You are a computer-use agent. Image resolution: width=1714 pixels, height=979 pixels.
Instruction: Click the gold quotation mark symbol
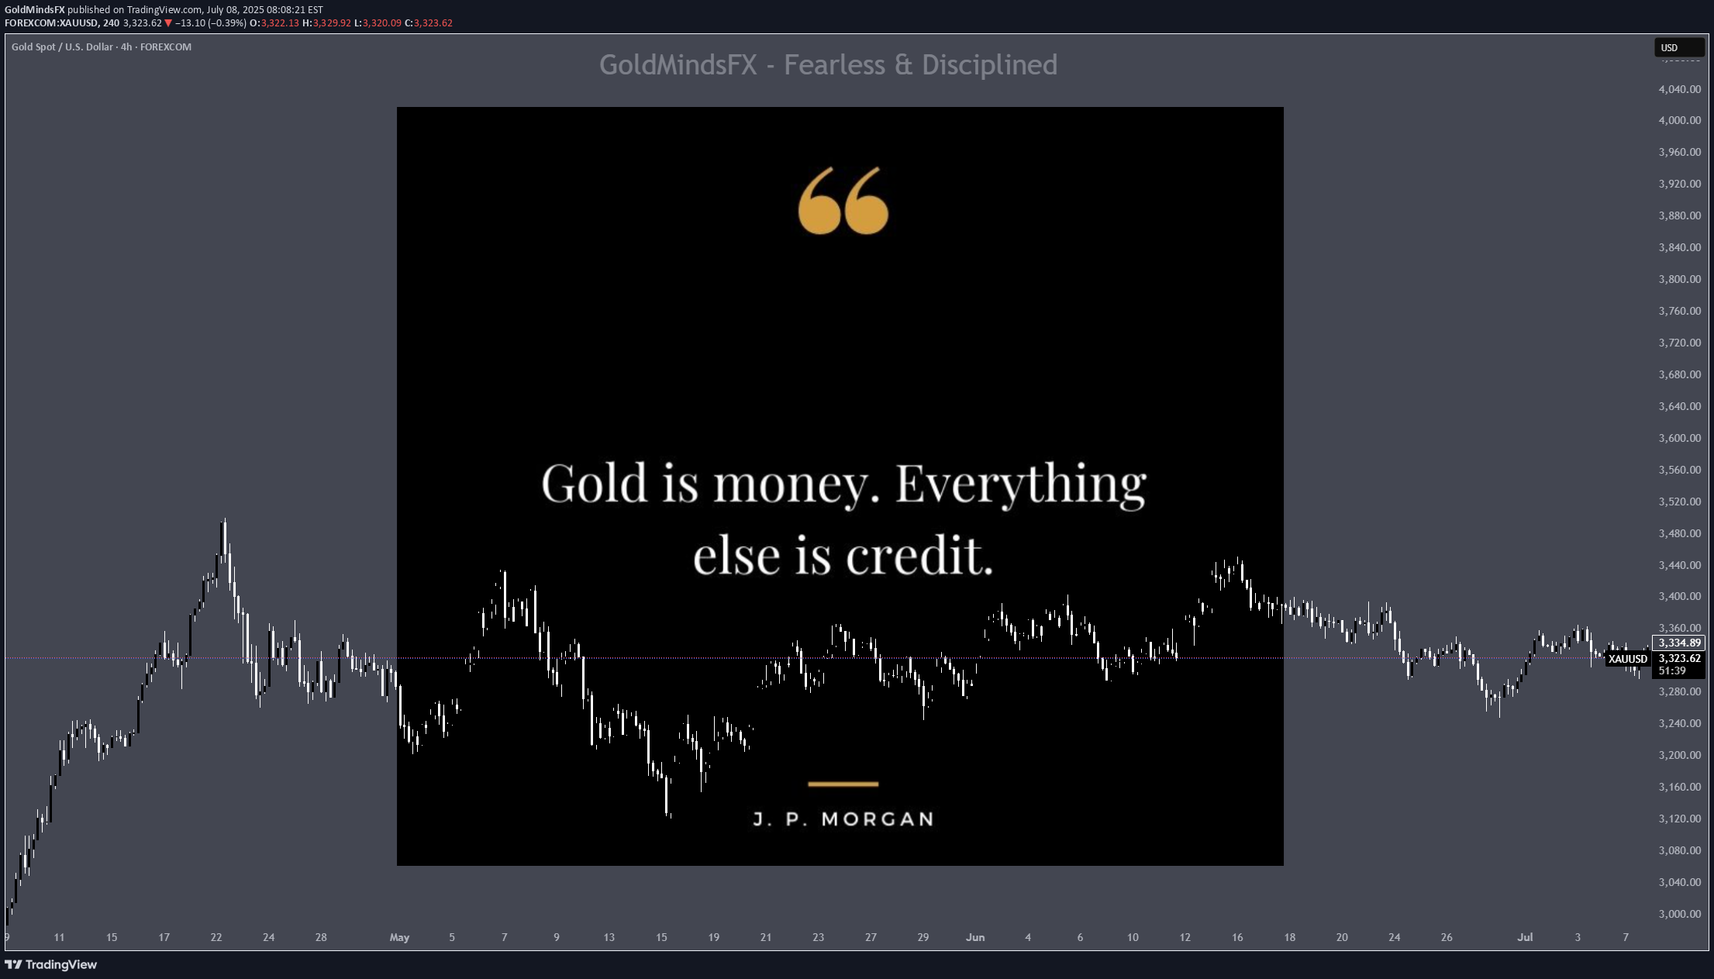click(x=843, y=200)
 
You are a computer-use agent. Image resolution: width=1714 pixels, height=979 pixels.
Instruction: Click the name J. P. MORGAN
click(x=843, y=819)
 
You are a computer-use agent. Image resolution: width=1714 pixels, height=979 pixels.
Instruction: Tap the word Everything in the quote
click(x=1020, y=484)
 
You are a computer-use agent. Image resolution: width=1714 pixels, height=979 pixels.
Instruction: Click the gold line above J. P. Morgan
click(x=843, y=784)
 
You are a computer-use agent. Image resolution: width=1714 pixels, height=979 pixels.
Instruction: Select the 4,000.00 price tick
click(x=1679, y=120)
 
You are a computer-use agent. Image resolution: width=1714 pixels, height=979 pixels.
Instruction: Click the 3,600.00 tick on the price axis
click(x=1679, y=438)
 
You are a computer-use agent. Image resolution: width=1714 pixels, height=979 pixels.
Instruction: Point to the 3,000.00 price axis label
click(x=1679, y=914)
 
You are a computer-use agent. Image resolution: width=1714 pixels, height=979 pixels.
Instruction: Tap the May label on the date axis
click(x=399, y=937)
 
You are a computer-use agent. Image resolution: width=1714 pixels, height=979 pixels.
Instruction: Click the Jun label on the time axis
click(x=975, y=937)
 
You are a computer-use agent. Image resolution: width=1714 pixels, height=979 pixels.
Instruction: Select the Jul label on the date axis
click(x=1525, y=937)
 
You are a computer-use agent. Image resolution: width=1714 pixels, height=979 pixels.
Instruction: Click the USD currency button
click(x=1678, y=47)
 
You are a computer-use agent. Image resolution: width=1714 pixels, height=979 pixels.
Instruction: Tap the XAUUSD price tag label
click(x=1627, y=659)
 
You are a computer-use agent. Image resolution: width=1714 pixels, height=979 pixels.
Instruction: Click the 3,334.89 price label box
click(x=1679, y=643)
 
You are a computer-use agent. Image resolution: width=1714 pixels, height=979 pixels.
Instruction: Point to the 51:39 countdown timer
click(x=1672, y=670)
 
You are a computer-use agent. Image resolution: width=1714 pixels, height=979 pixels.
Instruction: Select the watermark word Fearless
click(x=834, y=65)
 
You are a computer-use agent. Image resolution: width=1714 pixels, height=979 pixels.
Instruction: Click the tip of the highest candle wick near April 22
click(x=225, y=519)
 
